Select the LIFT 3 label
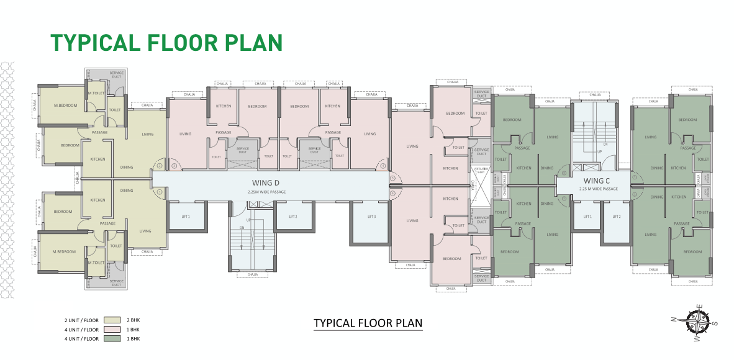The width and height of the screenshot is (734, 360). tap(371, 217)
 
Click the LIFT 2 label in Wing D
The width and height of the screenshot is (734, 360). tap(292, 217)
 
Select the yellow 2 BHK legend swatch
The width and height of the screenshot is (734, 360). tap(112, 321)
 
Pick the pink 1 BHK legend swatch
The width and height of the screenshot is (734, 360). tap(112, 330)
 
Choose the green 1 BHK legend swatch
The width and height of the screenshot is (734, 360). tap(112, 339)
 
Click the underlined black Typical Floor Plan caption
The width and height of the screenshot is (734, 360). tap(368, 323)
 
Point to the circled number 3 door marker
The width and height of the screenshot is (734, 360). tap(174, 166)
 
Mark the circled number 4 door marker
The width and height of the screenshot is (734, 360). tap(383, 166)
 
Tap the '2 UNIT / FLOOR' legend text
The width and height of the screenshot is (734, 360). tap(81, 321)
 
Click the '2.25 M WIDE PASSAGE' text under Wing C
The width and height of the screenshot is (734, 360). tap(598, 189)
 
